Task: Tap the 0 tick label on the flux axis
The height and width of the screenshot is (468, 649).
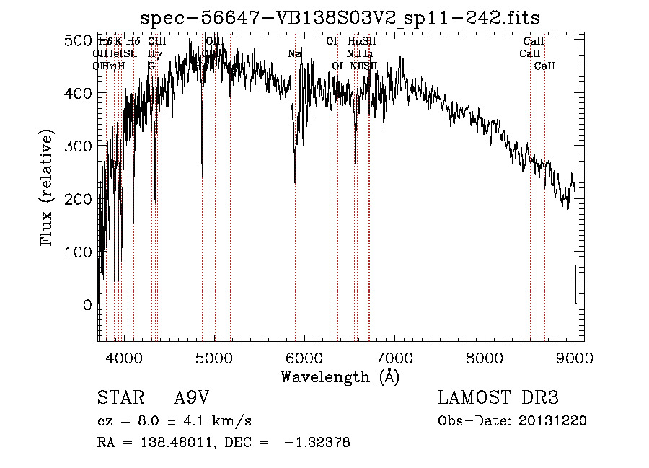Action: tap(87, 305)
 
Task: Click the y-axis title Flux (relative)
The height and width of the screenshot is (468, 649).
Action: tap(48, 189)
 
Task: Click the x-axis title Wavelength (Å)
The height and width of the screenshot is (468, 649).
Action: tap(340, 376)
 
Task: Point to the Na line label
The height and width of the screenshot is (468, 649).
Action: tap(294, 54)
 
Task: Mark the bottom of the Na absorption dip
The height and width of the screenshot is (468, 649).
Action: tap(295, 183)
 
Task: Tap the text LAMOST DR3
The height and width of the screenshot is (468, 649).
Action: tap(498, 398)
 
